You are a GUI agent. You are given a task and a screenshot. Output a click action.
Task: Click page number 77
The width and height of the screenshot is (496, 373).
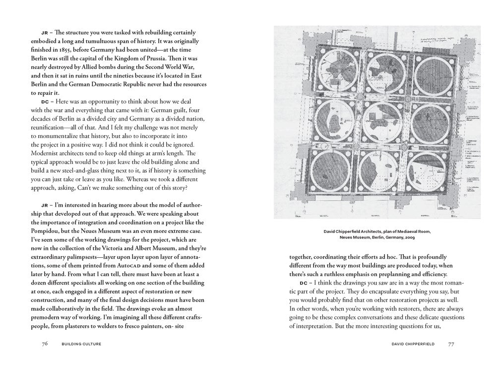(451, 343)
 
